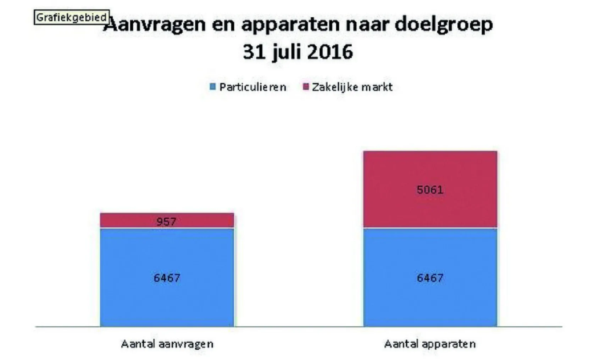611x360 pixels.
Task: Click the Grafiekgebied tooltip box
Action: (x=72, y=17)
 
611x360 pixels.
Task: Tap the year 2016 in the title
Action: (x=330, y=52)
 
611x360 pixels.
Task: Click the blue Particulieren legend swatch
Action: (x=213, y=87)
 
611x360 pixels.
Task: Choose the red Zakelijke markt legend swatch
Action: (x=306, y=87)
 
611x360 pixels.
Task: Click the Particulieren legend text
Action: (x=253, y=87)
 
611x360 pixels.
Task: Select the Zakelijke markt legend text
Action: (x=352, y=87)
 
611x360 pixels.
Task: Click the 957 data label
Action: (x=166, y=222)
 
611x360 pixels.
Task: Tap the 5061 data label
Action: (x=430, y=190)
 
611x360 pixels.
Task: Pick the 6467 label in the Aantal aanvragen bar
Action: (x=167, y=278)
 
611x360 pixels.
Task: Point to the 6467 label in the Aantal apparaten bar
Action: (x=430, y=278)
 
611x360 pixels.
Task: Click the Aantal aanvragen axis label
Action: (x=167, y=344)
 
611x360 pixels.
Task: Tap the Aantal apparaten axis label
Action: (x=430, y=344)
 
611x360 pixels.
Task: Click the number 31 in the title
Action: (x=254, y=52)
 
